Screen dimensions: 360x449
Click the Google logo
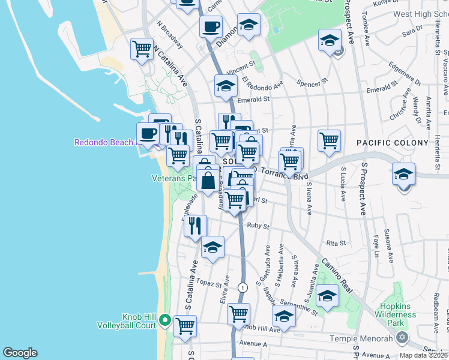coord(20,353)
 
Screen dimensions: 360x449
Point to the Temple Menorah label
coord(367,338)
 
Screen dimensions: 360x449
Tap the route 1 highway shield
coord(243,287)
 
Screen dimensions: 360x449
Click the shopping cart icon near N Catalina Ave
coord(142,49)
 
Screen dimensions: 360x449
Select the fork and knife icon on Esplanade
coord(196,226)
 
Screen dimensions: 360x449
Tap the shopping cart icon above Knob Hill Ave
coord(239,313)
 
